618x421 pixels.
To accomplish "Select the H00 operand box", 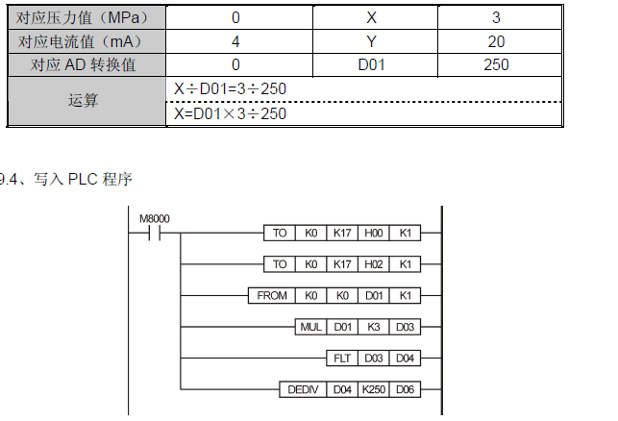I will tap(372, 232).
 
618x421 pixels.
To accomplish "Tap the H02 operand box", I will tap(372, 263).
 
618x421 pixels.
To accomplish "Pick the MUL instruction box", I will tap(309, 327).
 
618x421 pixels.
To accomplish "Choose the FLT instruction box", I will tap(341, 359).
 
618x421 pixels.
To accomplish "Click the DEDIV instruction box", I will tap(303, 390).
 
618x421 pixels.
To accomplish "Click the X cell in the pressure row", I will tap(373, 18).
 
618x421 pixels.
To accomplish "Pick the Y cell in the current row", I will tap(373, 41).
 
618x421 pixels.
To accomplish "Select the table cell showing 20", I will tap(497, 41).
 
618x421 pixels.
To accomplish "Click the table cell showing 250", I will tap(497, 65).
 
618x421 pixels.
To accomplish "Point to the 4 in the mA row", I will tap(235, 41).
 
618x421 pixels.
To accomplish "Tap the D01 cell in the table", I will tap(373, 65).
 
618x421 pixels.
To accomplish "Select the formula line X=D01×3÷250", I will tap(230, 113).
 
